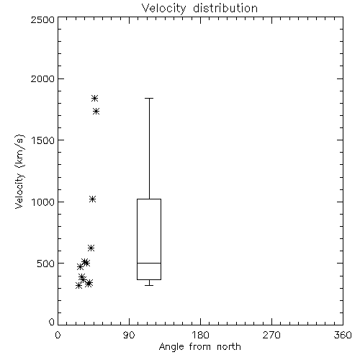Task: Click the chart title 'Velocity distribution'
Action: pos(199,8)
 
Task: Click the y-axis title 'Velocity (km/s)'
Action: pos(19,171)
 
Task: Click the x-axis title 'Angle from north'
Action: pos(199,347)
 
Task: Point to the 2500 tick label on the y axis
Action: pos(42,19)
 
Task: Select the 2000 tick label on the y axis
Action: pos(42,78)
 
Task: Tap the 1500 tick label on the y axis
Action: pos(43,140)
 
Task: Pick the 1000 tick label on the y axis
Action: pos(43,202)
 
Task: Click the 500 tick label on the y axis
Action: pos(46,264)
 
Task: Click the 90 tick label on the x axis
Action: pos(129,336)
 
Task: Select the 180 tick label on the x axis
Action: pos(200,336)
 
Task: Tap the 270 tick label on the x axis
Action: pos(271,336)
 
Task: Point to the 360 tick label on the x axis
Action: pos(343,336)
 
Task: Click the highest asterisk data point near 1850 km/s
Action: pos(94,98)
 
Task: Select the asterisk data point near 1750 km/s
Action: pos(96,111)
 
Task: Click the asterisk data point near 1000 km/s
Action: pos(93,199)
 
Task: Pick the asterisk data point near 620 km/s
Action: pos(91,248)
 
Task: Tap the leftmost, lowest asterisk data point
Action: pos(78,286)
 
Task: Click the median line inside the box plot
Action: pos(149,263)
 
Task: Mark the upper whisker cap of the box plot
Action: pos(149,98)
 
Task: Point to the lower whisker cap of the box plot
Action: pos(149,285)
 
